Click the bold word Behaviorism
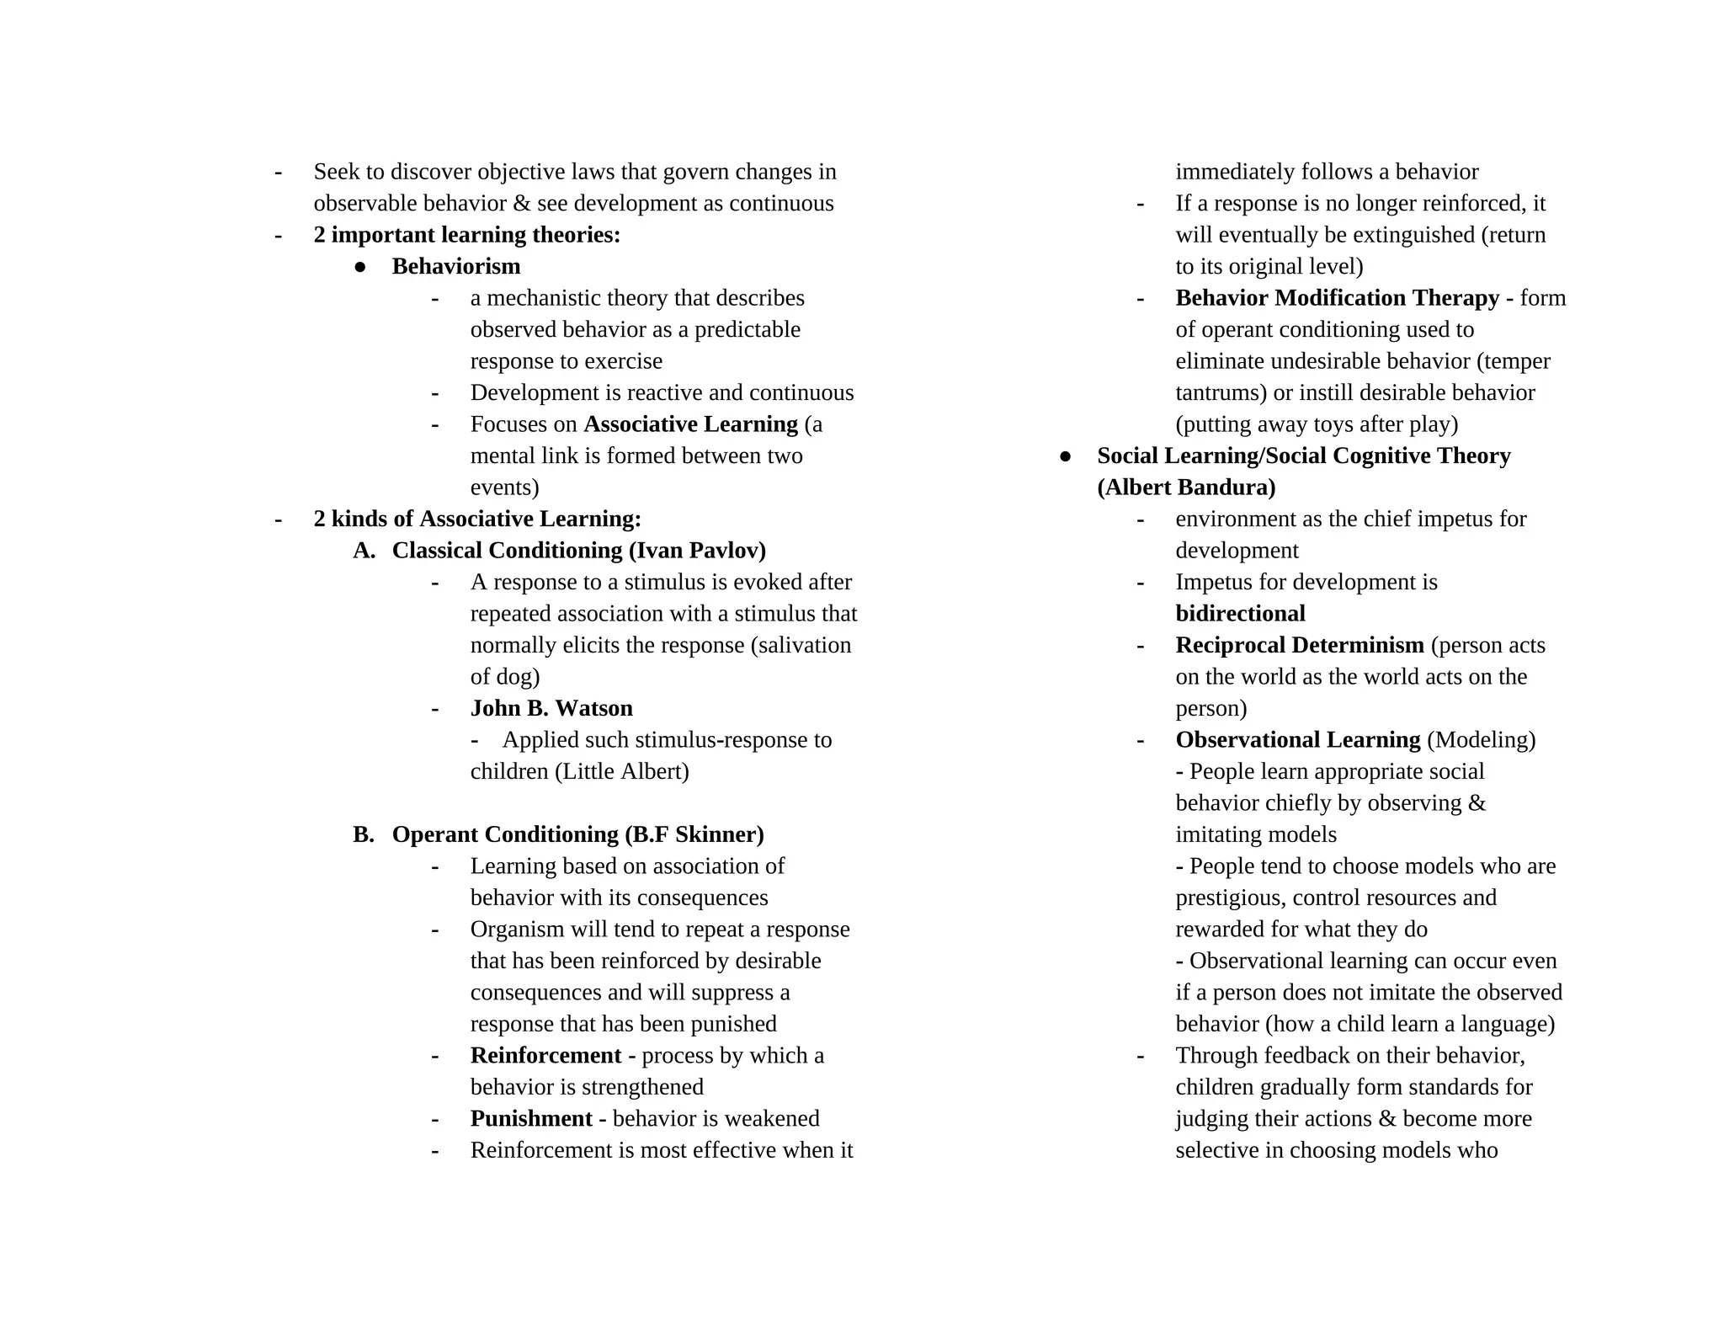pyautogui.click(x=455, y=267)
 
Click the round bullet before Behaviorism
pyautogui.click(x=360, y=267)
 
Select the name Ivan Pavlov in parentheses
pyautogui.click(x=697, y=551)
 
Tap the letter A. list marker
pyautogui.click(x=364, y=551)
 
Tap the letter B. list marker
pyautogui.click(x=364, y=834)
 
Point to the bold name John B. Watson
pyautogui.click(x=551, y=708)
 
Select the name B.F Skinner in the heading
pyautogui.click(x=694, y=834)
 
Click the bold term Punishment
pyautogui.click(x=531, y=1119)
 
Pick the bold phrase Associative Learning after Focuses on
pyautogui.click(x=690, y=424)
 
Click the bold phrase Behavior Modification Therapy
pyautogui.click(x=1337, y=298)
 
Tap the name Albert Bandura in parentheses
pyautogui.click(x=1186, y=488)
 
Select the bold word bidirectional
pyautogui.click(x=1240, y=614)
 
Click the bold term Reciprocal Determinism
pyautogui.click(x=1299, y=646)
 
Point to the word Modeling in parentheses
pyautogui.click(x=1481, y=740)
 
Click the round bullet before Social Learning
pyautogui.click(x=1066, y=456)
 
